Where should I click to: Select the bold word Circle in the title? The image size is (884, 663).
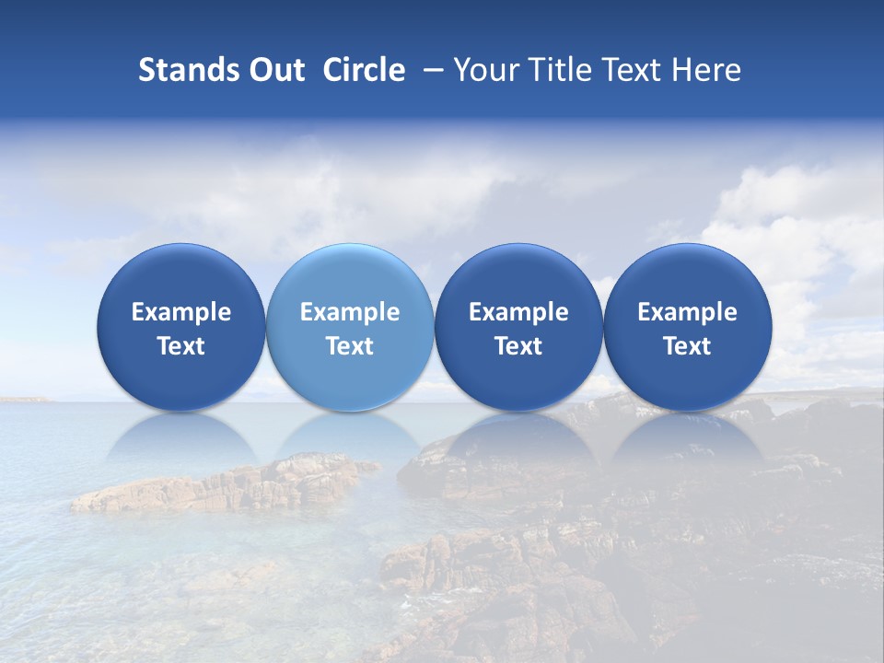tap(364, 70)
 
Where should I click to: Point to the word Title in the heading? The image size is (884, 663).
tap(555, 70)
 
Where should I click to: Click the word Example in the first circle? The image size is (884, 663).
tap(180, 312)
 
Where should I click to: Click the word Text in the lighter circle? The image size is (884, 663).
tap(349, 346)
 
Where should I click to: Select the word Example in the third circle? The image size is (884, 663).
tap(518, 312)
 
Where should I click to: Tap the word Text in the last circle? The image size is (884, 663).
tap(687, 346)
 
